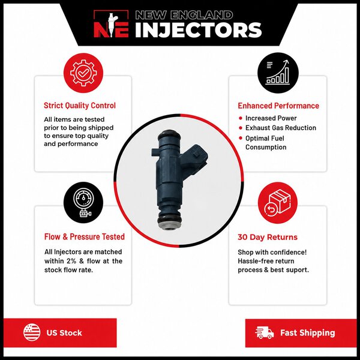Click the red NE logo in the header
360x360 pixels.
(111, 24)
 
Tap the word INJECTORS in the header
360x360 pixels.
(199, 30)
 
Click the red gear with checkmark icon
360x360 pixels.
(83, 73)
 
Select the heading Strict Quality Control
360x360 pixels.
(80, 106)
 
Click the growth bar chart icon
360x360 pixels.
(278, 73)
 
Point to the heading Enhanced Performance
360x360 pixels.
(278, 106)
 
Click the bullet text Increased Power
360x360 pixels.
(271, 118)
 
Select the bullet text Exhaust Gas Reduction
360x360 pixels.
(281, 128)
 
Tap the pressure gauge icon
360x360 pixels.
(83, 203)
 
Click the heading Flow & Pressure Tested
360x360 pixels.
(85, 237)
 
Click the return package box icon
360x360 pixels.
(278, 203)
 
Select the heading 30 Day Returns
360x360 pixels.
(268, 237)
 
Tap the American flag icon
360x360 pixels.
(32, 332)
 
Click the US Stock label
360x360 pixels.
(64, 333)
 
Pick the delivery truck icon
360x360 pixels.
(264, 332)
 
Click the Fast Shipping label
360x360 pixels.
(308, 332)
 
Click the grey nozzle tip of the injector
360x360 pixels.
(169, 226)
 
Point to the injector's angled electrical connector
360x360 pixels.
(194, 157)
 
